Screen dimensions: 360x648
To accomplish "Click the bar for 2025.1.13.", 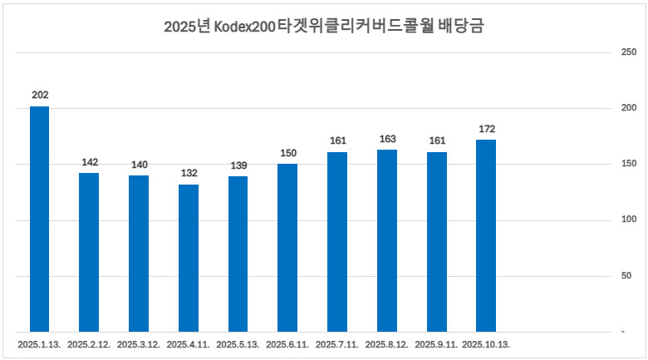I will [39, 219].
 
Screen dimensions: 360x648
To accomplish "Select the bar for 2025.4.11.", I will [189, 258].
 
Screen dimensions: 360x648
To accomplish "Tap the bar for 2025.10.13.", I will [486, 235].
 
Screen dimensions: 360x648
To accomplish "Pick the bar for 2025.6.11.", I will [287, 248].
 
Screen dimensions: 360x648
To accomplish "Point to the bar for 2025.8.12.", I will [387, 240].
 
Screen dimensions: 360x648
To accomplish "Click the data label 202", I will [40, 95].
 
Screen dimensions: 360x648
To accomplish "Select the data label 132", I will [189, 173].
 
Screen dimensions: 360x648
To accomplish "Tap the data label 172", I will [487, 129].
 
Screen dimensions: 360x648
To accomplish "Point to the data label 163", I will [387, 139].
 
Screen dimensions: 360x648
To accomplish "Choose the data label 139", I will [238, 165].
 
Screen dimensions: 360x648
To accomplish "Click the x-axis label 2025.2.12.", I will [89, 343].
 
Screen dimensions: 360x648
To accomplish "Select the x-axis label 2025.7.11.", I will [337, 343].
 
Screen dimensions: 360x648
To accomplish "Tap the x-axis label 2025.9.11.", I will [436, 343].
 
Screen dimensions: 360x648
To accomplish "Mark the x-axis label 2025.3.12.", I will [139, 343].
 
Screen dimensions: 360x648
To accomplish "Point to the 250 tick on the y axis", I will [629, 52].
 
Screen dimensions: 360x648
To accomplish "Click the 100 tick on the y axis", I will [629, 220].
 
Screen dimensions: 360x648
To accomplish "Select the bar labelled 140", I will [139, 254].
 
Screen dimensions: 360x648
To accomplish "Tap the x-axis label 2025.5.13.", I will [238, 343].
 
